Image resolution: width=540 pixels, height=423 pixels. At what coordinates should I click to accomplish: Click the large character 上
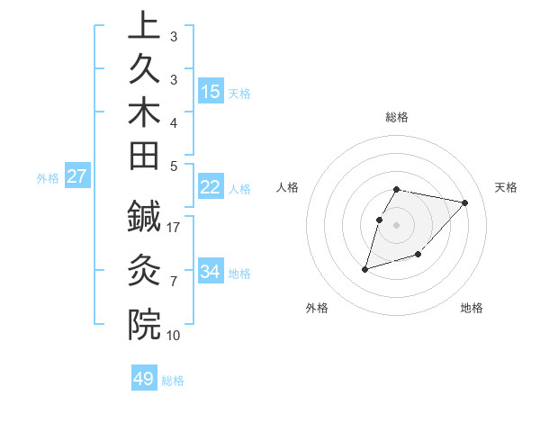pyautogui.click(x=144, y=27)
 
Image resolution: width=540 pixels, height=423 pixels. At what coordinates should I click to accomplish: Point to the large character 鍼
pyautogui.click(x=144, y=216)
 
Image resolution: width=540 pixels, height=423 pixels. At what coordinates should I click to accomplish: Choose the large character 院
pyautogui.click(x=144, y=323)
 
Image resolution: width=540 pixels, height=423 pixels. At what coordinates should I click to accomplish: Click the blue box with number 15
pyautogui.click(x=211, y=92)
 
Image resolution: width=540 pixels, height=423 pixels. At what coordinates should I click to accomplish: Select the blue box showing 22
pyautogui.click(x=211, y=187)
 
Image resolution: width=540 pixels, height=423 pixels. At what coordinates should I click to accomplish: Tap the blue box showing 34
pyautogui.click(x=211, y=272)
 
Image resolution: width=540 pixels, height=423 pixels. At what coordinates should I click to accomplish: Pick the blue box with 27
pyautogui.click(x=77, y=176)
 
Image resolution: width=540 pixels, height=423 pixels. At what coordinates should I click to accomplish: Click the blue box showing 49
pyautogui.click(x=144, y=379)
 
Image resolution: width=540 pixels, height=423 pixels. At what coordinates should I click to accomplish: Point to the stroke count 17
pyautogui.click(x=175, y=228)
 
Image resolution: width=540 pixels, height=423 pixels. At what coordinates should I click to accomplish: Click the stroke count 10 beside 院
pyautogui.click(x=175, y=335)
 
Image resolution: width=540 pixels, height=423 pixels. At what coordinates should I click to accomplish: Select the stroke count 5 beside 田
pyautogui.click(x=174, y=166)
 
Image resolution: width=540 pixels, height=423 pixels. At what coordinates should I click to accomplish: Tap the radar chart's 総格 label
pyautogui.click(x=397, y=117)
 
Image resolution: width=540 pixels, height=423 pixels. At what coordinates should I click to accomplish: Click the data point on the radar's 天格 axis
pyautogui.click(x=464, y=202)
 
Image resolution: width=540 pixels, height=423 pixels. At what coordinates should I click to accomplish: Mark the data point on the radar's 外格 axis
pyautogui.click(x=365, y=268)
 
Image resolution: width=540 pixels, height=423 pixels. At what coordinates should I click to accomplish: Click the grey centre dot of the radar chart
pyautogui.click(x=397, y=225)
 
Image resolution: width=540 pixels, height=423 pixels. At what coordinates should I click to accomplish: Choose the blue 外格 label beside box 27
pyautogui.click(x=48, y=178)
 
